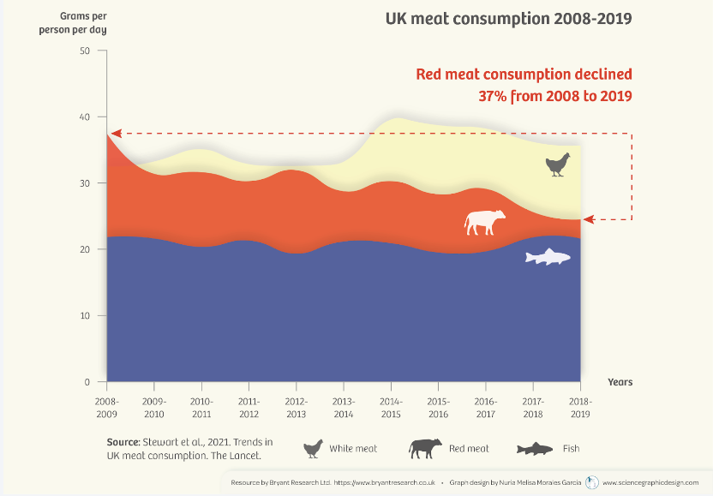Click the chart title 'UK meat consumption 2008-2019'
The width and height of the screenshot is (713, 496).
(508, 18)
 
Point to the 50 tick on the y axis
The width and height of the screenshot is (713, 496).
(84, 51)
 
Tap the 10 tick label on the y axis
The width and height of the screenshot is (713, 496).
(84, 315)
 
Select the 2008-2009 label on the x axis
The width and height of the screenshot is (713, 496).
(107, 406)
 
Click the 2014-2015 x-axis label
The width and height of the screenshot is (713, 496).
(391, 406)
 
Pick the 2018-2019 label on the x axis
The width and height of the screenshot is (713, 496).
(580, 406)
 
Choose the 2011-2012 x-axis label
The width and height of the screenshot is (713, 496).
(249, 406)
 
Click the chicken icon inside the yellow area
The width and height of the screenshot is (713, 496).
(558, 164)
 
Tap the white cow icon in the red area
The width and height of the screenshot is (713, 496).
(484, 222)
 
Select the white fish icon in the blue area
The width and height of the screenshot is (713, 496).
(548, 256)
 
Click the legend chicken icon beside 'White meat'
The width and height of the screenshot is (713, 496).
(315, 448)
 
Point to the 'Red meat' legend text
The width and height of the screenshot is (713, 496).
(468, 448)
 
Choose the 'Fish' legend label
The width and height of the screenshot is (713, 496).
(571, 448)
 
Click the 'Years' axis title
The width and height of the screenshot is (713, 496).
(620, 381)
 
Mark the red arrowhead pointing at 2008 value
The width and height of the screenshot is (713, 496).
(117, 134)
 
